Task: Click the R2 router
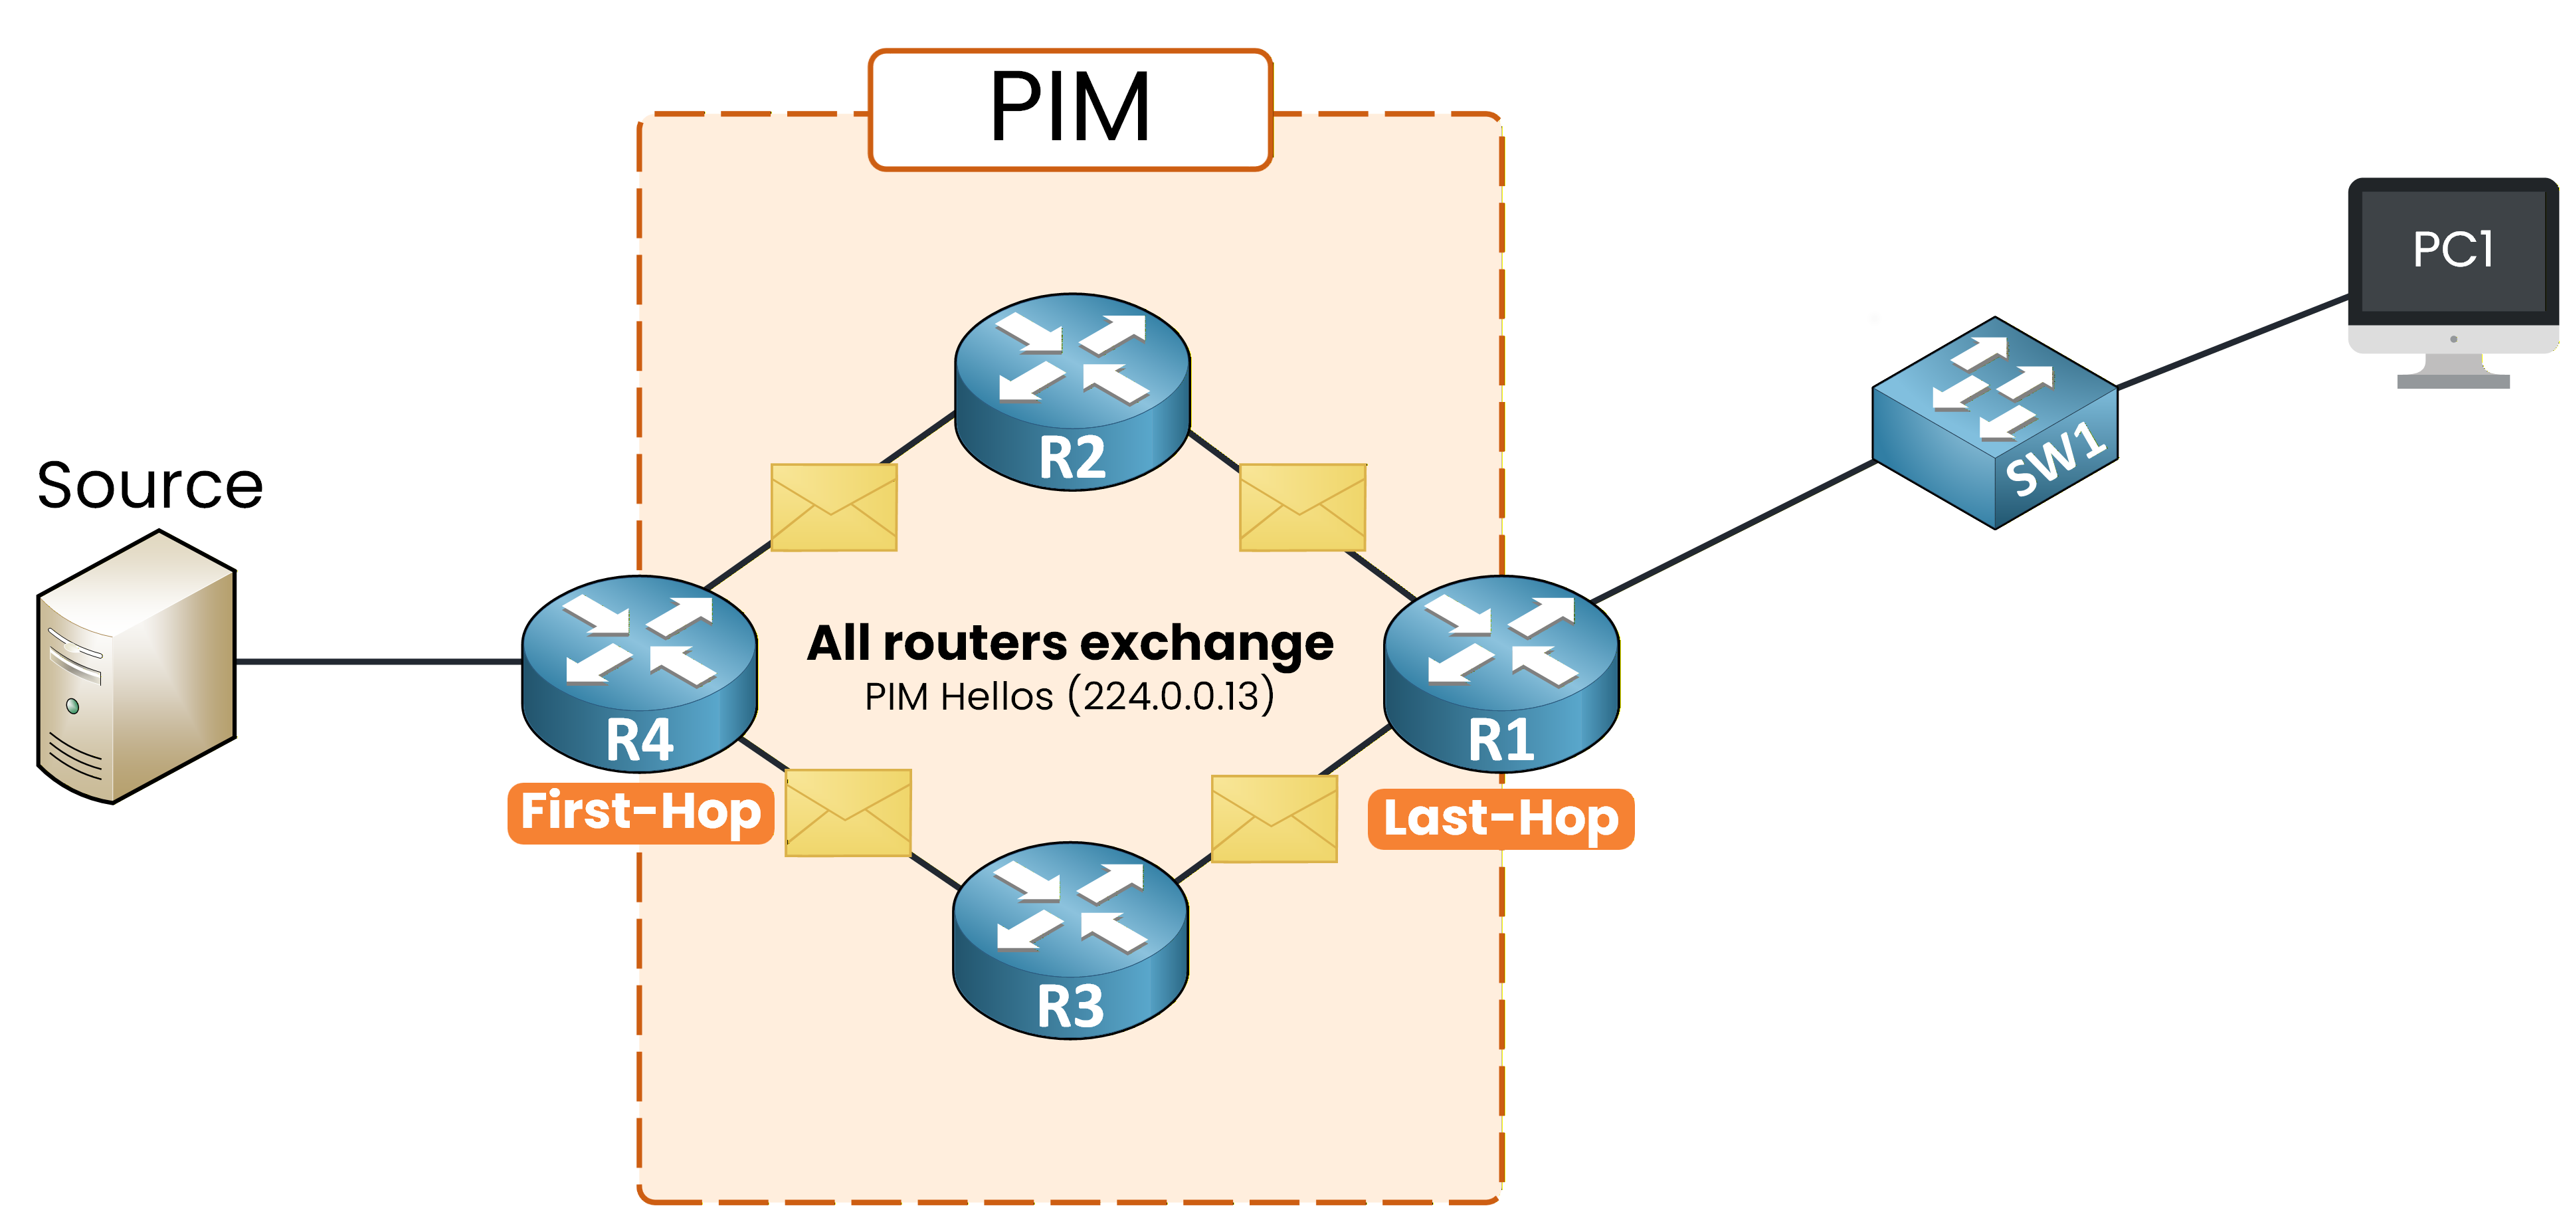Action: coord(1072,391)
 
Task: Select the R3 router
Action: coord(1070,940)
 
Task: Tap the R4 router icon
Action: coord(639,673)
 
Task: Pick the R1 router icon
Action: coord(1501,673)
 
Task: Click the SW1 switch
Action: coord(1994,423)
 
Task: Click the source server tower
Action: coord(136,666)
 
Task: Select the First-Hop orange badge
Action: coord(640,812)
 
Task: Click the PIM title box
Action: coord(1070,110)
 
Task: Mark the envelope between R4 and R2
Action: coord(833,507)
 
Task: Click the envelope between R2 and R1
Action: coord(1302,507)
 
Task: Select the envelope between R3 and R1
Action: coord(1274,818)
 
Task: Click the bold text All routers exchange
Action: coord(1070,643)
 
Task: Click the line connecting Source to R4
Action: coord(378,660)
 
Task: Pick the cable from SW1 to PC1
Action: coord(2232,341)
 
